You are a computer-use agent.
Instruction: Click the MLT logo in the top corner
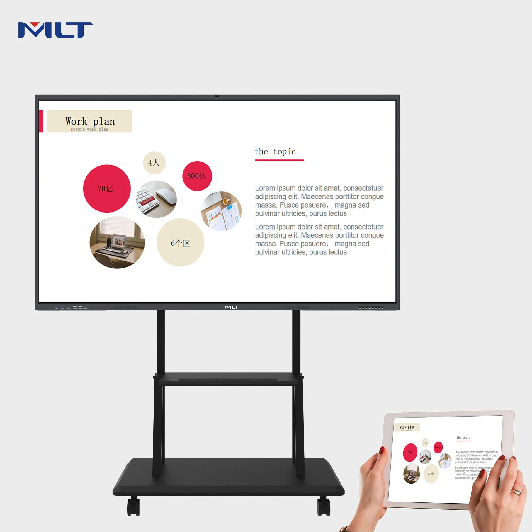[x=55, y=30]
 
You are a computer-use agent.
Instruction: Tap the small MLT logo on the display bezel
[x=231, y=307]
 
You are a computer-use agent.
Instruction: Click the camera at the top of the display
[x=217, y=96]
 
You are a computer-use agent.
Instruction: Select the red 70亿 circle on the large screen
[x=107, y=188]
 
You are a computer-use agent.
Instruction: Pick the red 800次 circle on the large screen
[x=197, y=176]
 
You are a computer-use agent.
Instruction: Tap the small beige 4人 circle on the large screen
[x=154, y=163]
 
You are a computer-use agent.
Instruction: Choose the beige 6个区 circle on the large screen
[x=180, y=243]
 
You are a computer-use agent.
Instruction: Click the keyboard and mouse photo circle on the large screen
[x=156, y=199]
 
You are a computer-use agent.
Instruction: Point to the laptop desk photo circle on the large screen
[x=117, y=242]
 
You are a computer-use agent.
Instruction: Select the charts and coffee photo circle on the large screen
[x=221, y=211]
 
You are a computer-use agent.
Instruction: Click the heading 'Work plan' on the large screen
[x=90, y=121]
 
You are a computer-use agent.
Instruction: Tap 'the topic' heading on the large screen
[x=275, y=152]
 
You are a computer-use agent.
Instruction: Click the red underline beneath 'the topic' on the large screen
[x=279, y=160]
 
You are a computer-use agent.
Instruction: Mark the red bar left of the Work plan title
[x=41, y=121]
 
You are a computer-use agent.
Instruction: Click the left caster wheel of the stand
[x=133, y=506]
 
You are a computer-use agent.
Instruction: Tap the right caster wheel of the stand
[x=324, y=506]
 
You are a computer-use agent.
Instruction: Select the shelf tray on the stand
[x=228, y=379]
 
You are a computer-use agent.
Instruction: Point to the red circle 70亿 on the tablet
[x=410, y=453]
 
